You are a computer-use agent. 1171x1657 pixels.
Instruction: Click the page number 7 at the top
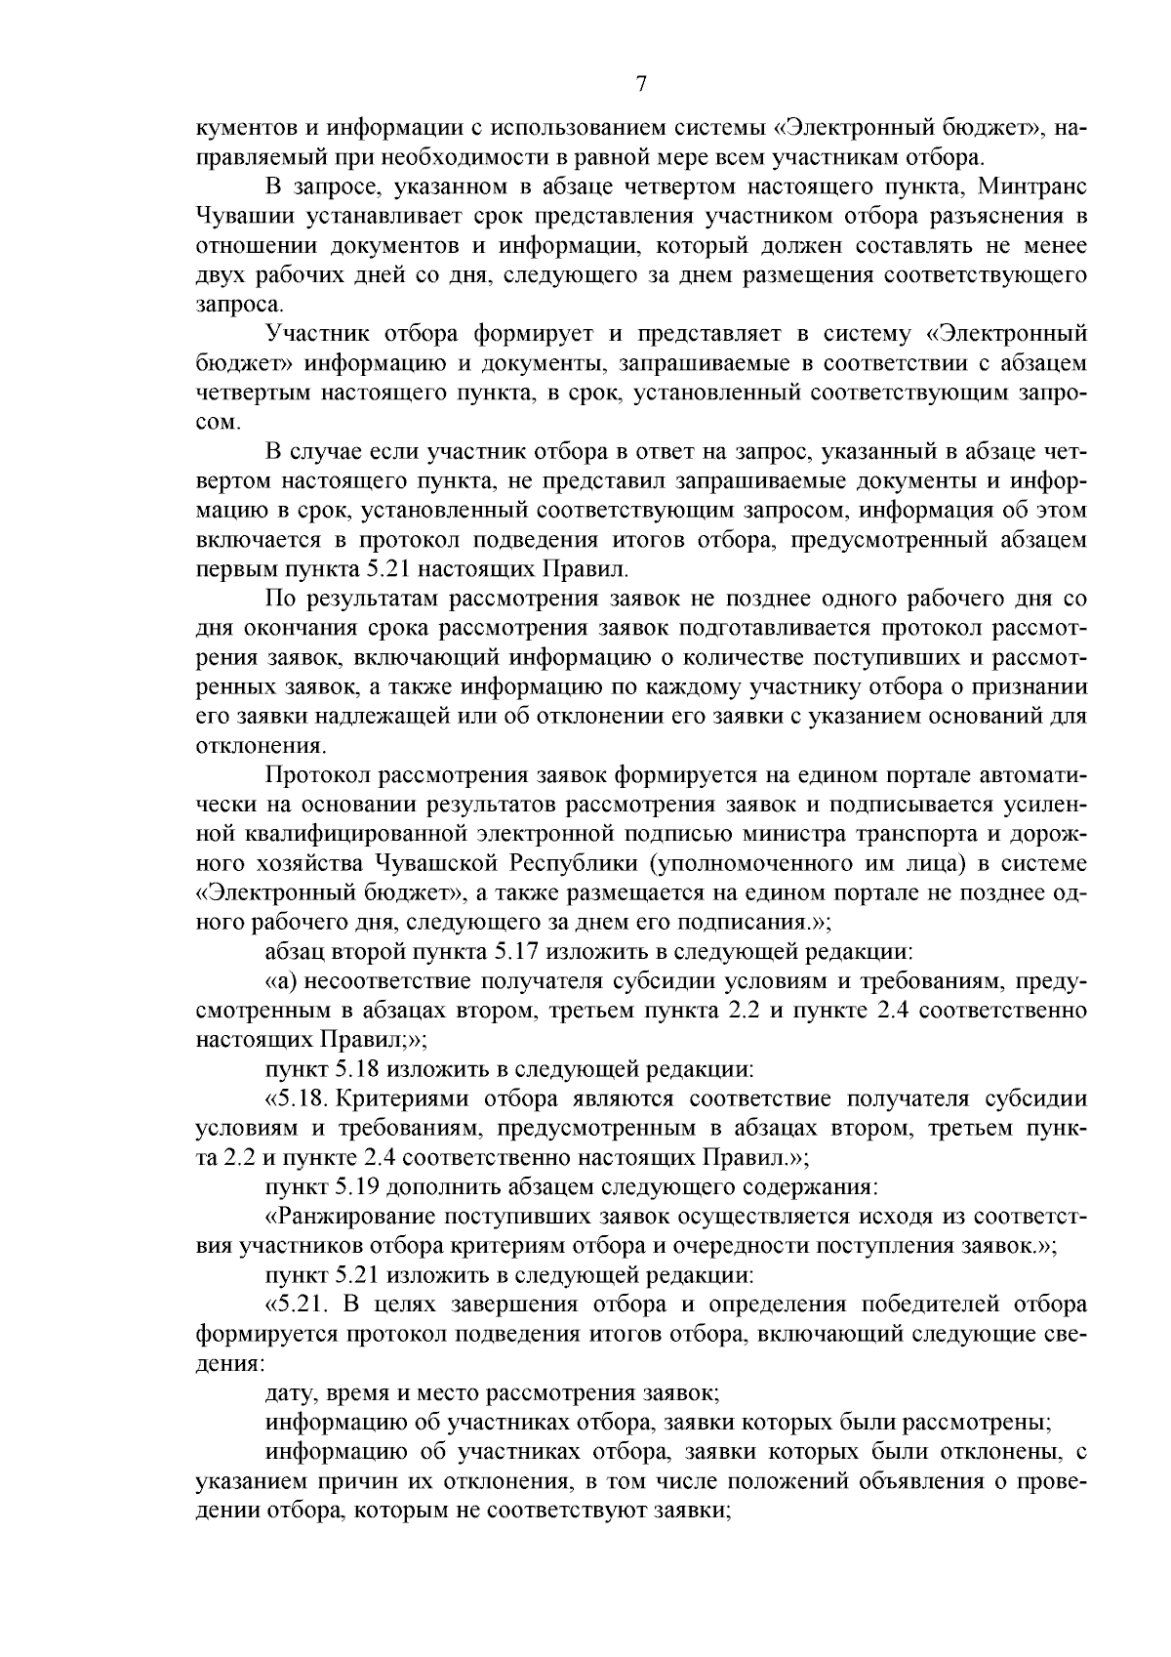(x=641, y=84)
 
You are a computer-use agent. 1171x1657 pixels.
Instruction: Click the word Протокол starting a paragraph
(x=320, y=775)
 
